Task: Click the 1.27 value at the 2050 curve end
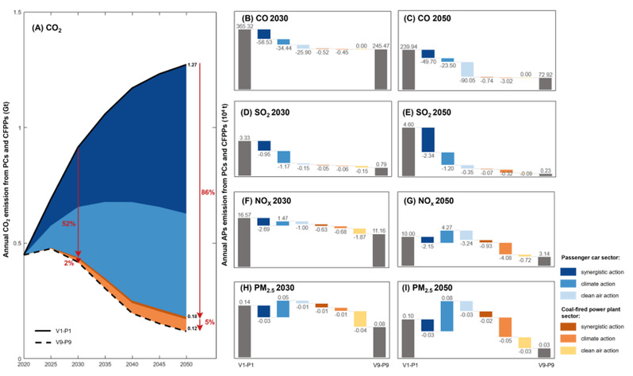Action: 190,64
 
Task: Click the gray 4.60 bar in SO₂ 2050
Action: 409,150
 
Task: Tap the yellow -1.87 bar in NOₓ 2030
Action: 359,231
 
